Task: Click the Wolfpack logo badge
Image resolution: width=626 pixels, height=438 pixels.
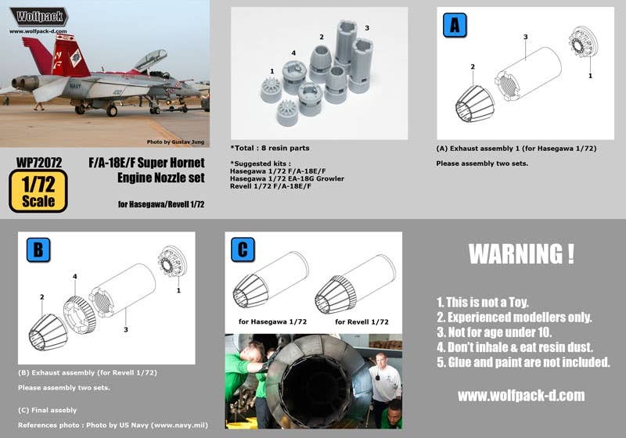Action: point(38,16)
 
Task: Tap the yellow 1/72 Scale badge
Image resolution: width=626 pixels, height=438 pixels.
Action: point(38,191)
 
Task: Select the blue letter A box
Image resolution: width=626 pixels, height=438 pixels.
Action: point(455,25)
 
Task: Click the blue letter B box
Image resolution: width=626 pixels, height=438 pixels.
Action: point(38,250)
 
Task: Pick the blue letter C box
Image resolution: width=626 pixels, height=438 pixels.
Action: point(243,250)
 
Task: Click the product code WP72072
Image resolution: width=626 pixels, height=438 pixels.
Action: point(39,163)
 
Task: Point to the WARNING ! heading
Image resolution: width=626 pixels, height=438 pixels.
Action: point(521,254)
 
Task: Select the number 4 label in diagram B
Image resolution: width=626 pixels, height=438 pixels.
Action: point(74,276)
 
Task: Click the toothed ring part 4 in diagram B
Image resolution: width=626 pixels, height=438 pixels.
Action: point(80,314)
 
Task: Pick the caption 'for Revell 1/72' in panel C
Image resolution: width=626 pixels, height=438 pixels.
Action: point(362,322)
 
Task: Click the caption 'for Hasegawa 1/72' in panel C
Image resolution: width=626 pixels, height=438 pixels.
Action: point(272,321)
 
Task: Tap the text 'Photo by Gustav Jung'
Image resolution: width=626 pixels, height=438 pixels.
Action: point(175,142)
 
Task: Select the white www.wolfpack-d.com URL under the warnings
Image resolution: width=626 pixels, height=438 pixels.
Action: point(521,395)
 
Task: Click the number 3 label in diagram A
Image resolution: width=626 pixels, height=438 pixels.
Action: point(525,37)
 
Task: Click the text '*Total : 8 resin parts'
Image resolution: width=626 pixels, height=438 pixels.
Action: point(270,148)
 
